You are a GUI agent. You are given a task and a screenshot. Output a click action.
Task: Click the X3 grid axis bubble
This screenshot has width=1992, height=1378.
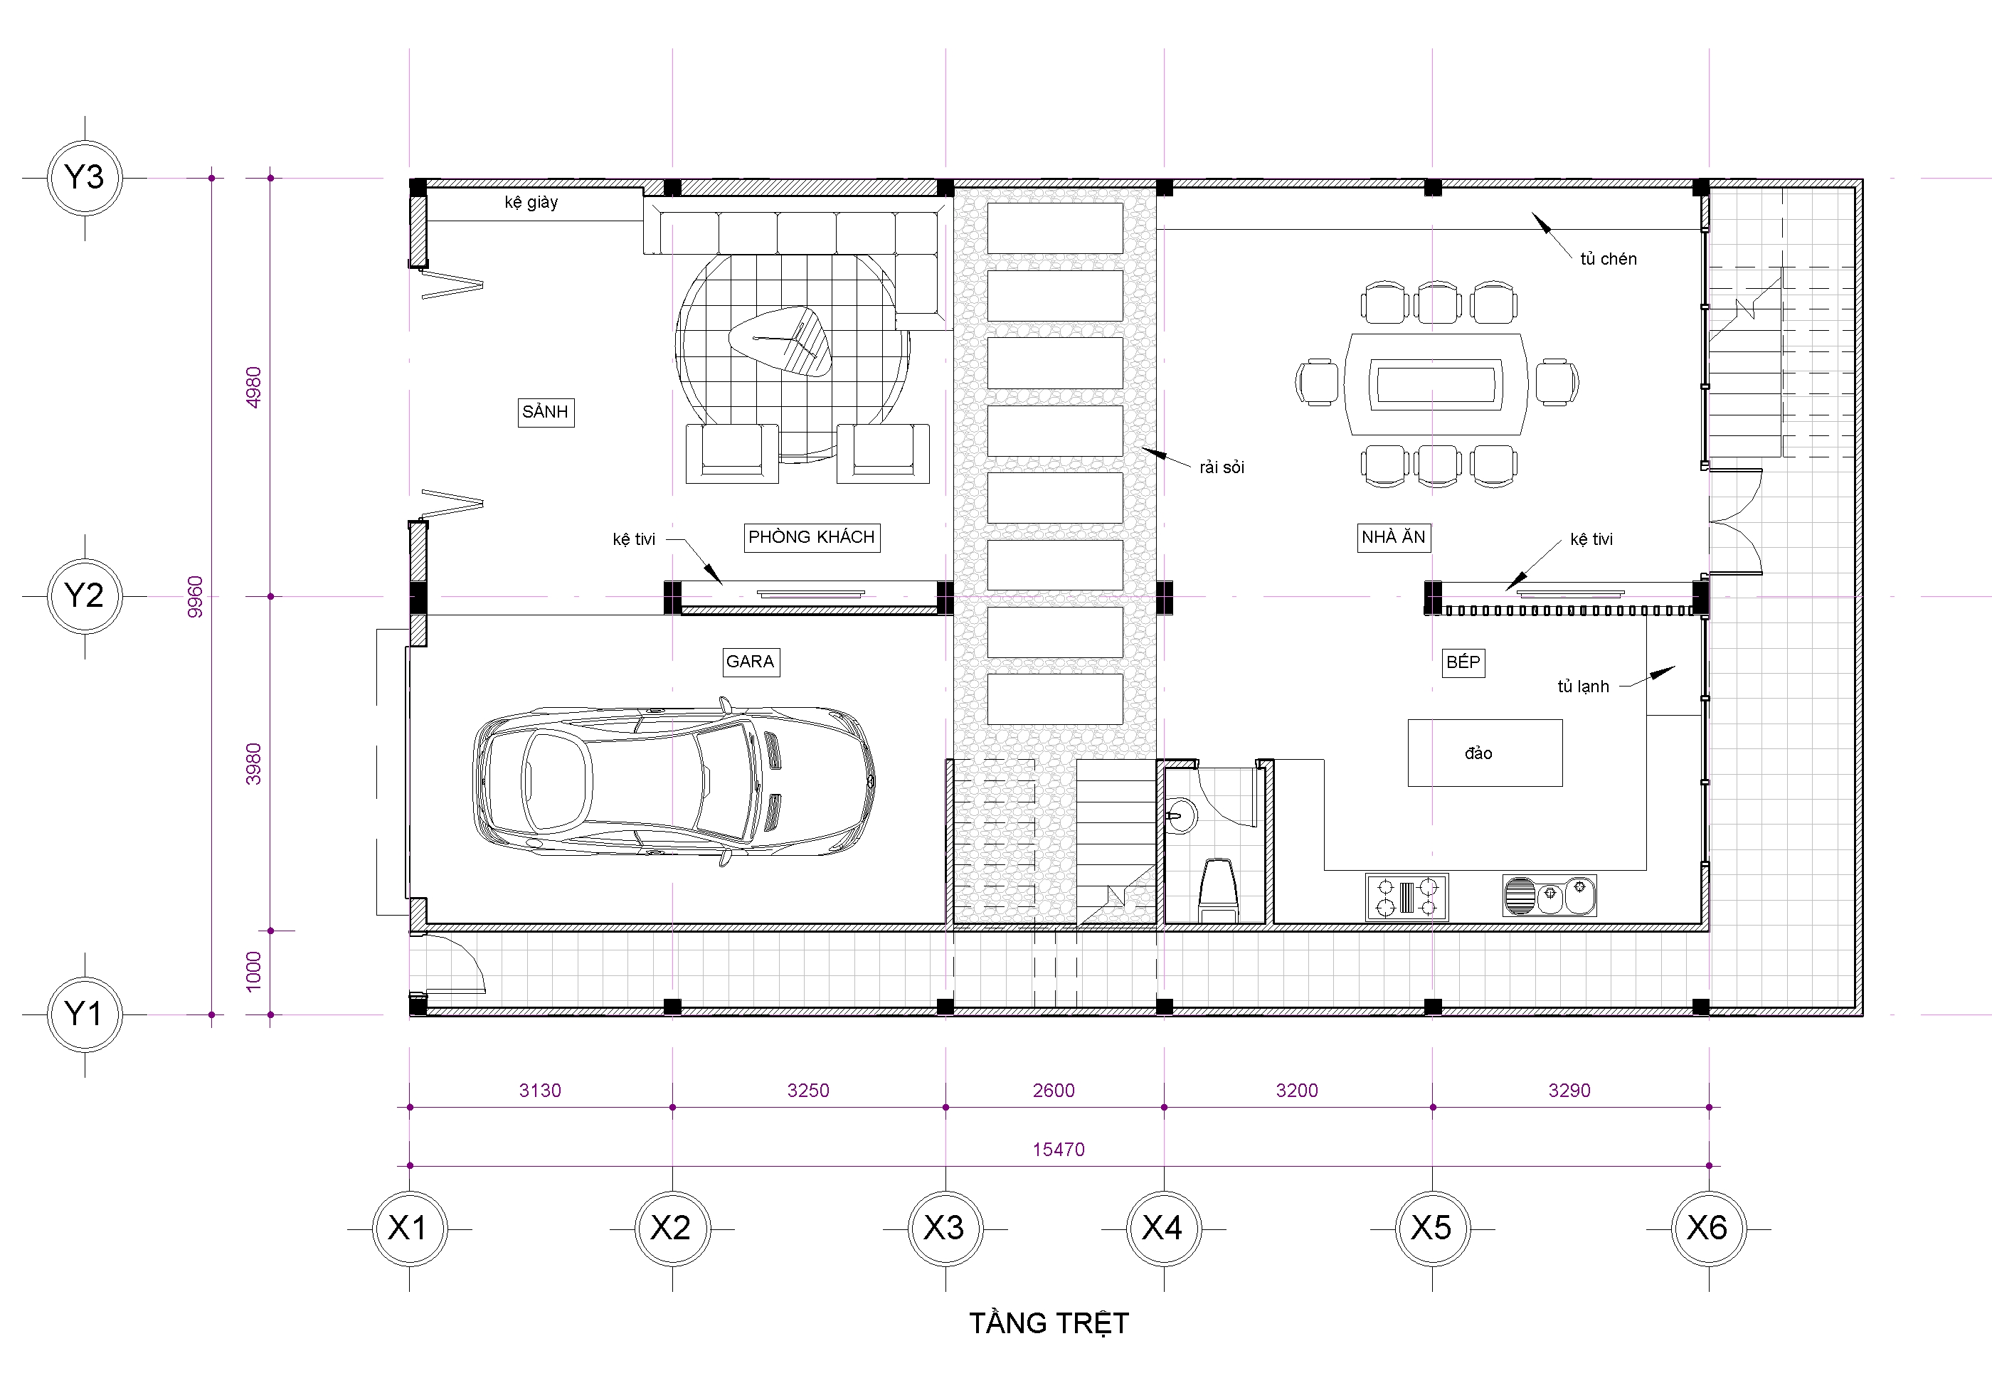point(945,1228)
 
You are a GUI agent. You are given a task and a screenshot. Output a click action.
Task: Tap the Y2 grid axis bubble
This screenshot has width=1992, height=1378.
point(85,595)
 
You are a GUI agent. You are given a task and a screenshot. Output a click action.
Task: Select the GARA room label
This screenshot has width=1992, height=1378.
point(751,662)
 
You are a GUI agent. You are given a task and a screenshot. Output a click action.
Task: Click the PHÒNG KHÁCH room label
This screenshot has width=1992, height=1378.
point(812,537)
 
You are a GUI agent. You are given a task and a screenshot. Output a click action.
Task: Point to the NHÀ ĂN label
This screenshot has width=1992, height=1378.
point(1394,537)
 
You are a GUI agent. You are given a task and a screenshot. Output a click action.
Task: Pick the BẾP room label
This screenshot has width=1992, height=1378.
point(1463,662)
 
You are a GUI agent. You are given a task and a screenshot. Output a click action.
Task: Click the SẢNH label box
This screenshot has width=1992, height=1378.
point(546,412)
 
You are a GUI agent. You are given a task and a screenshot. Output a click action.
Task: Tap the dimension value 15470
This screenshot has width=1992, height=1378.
point(1059,1149)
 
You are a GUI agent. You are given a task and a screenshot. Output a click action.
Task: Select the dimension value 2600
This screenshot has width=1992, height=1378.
point(1054,1091)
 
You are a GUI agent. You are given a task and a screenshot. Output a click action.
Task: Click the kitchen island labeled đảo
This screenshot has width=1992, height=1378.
point(1485,753)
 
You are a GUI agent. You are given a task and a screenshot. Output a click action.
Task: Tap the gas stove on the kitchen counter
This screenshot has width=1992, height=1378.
point(1407,896)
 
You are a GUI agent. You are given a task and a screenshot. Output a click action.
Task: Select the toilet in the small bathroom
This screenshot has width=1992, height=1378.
point(1219,889)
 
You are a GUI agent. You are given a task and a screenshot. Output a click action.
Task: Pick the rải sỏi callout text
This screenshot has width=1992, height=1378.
point(1222,467)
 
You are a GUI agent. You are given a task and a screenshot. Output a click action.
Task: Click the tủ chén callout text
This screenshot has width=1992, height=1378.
point(1609,259)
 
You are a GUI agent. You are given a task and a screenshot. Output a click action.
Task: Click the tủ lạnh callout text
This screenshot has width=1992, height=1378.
point(1584,687)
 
